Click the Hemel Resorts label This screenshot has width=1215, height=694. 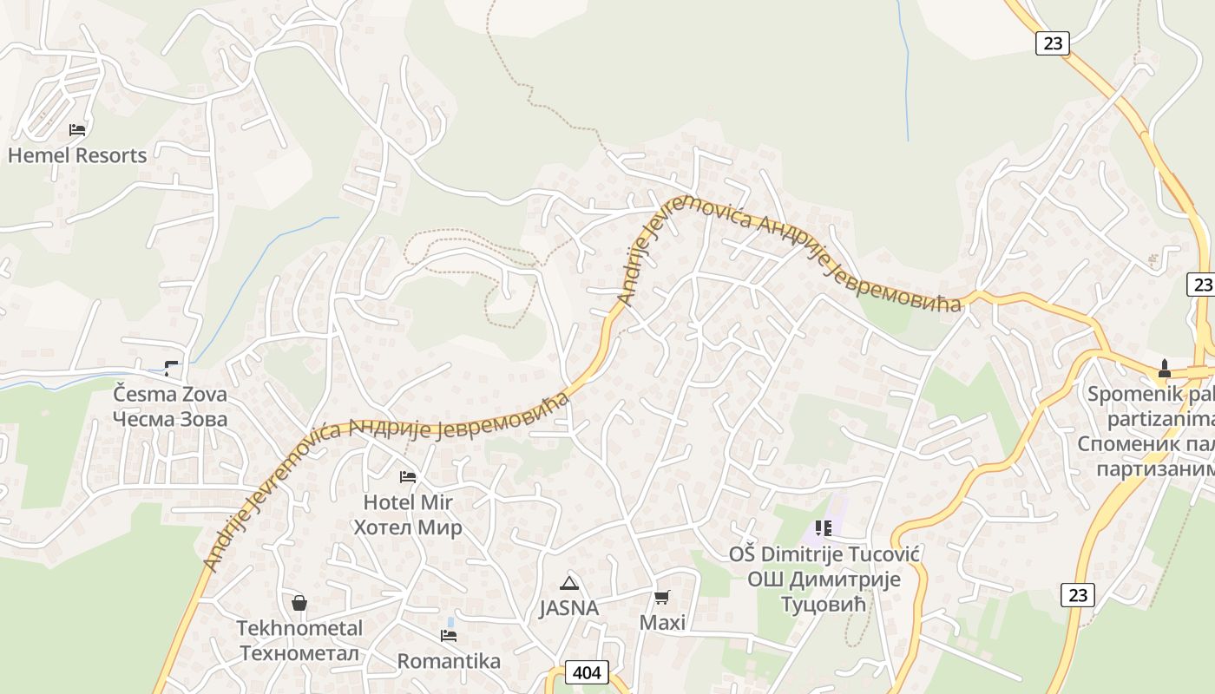point(77,155)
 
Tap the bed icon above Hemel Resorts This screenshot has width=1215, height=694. point(77,130)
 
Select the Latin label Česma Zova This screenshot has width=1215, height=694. point(170,395)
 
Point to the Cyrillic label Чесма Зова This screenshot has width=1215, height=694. point(170,420)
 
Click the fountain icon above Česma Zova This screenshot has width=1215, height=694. point(172,369)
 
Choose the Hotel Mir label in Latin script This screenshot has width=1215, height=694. point(408,502)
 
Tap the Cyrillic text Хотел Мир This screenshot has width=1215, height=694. point(408,527)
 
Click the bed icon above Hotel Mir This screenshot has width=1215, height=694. point(408,476)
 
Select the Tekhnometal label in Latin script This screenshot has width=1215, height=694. point(299,628)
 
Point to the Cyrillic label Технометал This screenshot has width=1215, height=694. point(299,653)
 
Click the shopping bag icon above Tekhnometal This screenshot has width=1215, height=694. point(299,602)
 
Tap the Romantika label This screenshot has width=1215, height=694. point(449,661)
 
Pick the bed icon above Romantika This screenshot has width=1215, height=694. point(449,636)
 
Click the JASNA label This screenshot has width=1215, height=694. point(569,608)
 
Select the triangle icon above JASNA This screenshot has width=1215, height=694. point(569,583)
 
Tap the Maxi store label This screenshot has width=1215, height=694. point(662,622)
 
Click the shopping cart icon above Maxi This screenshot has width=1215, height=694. point(662,597)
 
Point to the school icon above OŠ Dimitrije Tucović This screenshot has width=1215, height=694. point(824,527)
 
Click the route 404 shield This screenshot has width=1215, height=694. point(587,672)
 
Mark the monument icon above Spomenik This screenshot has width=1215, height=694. point(1165,369)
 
